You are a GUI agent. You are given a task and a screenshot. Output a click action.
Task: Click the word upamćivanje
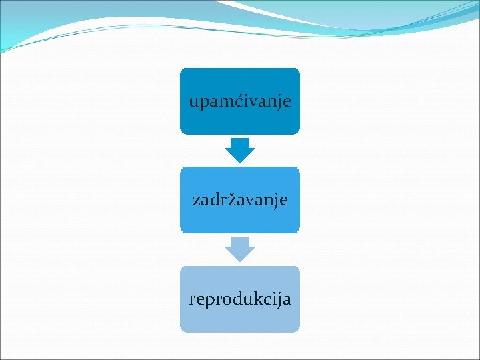click(240, 102)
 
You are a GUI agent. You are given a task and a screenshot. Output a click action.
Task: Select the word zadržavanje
click(240, 199)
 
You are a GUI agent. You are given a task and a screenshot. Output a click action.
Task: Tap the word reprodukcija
click(240, 299)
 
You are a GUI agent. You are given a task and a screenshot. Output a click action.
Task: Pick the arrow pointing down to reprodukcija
click(240, 249)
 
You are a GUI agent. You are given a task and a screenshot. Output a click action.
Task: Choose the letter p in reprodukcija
click(209, 301)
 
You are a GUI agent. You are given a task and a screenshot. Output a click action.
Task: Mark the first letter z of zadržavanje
click(196, 200)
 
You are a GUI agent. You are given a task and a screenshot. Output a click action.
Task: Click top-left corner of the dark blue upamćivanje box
click(181, 69)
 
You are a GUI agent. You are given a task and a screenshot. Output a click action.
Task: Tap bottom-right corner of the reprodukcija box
click(299, 331)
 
